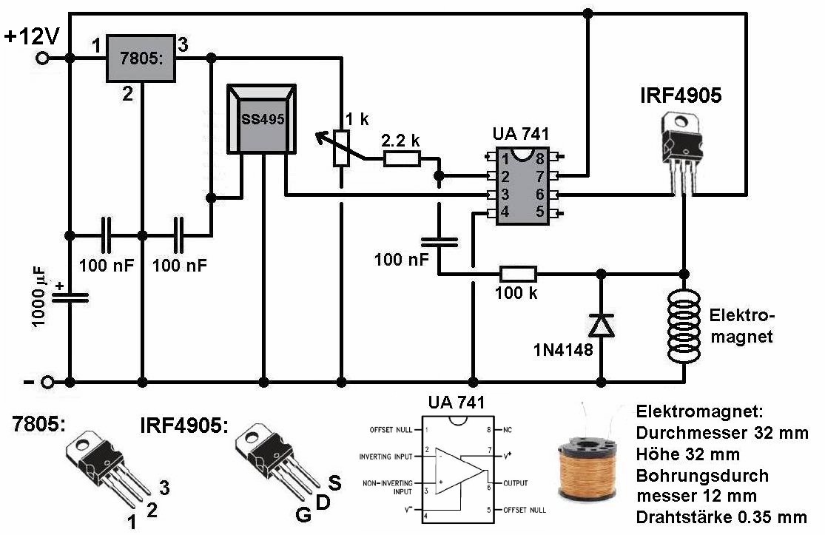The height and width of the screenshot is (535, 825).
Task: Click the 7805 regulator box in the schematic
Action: (141, 58)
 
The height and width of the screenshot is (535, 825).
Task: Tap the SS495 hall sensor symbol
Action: (261, 119)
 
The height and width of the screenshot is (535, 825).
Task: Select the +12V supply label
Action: (32, 37)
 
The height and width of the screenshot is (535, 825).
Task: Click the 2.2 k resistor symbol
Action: (402, 158)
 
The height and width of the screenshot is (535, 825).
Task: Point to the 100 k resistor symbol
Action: (518, 274)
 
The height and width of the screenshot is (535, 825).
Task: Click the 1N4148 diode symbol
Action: (601, 325)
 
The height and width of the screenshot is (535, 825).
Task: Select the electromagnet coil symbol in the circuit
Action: (684, 326)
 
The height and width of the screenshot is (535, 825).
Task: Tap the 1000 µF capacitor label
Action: (38, 297)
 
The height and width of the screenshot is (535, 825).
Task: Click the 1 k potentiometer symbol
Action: (341, 148)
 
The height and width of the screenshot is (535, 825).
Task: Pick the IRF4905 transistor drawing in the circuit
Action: (682, 152)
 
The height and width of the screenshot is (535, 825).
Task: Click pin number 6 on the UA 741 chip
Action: (539, 194)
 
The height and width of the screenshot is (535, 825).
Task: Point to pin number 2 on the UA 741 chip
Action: (505, 176)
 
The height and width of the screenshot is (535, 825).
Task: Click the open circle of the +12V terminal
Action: (42, 58)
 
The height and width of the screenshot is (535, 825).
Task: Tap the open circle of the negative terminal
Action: (48, 382)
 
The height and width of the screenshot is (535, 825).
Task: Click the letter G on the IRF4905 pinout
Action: (303, 514)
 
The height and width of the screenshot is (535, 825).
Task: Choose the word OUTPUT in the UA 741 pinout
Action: (515, 483)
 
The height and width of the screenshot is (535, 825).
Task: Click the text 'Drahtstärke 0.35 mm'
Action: (721, 517)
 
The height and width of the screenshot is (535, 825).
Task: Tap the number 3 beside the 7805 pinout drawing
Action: (165, 488)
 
